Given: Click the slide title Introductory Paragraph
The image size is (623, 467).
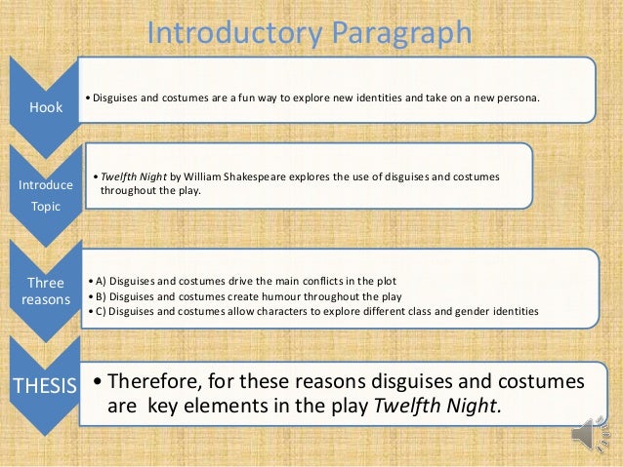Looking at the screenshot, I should point(309,32).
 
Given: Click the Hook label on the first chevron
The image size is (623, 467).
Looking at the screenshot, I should point(40,109).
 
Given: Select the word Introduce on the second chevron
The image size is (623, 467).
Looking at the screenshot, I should point(39,185).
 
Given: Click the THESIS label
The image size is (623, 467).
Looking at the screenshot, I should point(42,386).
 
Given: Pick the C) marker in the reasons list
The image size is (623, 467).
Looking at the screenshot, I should point(100,311).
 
